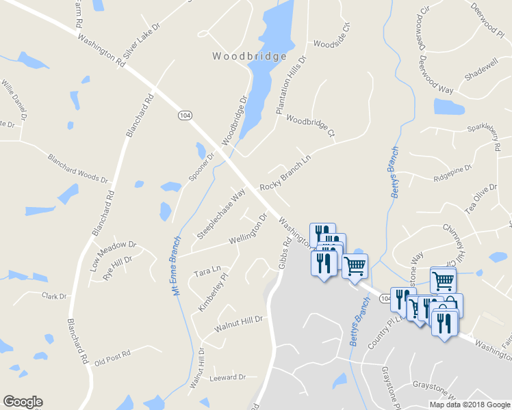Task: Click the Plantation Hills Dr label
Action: (291, 84)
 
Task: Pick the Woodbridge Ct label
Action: (310, 126)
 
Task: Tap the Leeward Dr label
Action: (228, 377)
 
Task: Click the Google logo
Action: (23, 402)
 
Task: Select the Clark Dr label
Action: (54, 297)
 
